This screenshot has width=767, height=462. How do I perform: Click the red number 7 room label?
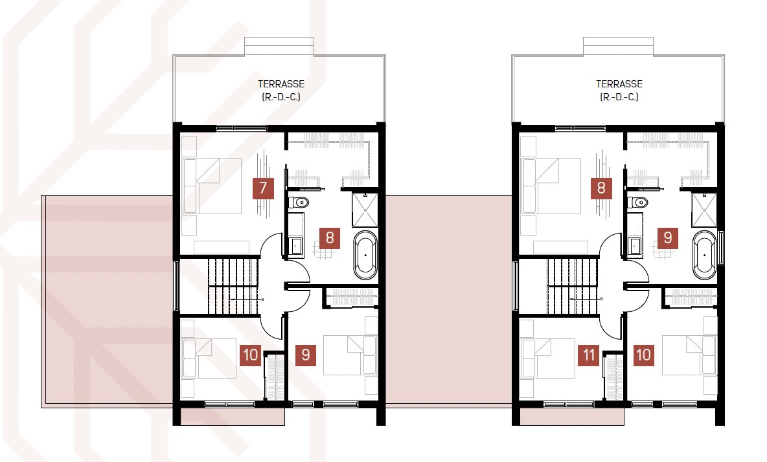[x=262, y=188]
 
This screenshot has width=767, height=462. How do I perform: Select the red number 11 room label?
[x=589, y=355]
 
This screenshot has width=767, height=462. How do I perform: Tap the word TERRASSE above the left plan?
[x=281, y=84]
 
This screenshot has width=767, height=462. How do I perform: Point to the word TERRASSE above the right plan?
[x=619, y=84]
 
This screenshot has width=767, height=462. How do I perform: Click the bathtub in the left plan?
[x=365, y=255]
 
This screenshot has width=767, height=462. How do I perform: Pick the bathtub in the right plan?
[x=704, y=255]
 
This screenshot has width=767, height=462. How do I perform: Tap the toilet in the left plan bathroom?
[x=299, y=202]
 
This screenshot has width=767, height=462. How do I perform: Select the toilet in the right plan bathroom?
[x=637, y=202]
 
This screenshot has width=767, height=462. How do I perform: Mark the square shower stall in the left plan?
[x=365, y=210]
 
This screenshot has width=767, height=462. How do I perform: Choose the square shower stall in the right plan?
[x=704, y=210]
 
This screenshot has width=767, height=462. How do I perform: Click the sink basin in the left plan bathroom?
[x=296, y=245]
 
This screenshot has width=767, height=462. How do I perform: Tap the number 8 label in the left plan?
[x=329, y=238]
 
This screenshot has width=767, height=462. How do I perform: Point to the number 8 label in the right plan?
[x=601, y=188]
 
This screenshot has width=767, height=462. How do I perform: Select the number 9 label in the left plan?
[x=306, y=355]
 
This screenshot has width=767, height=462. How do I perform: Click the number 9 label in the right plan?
[x=668, y=238]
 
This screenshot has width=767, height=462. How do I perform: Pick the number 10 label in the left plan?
[x=251, y=355]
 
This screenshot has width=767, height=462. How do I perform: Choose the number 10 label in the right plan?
[x=643, y=355]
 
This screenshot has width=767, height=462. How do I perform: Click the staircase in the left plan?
[x=233, y=286]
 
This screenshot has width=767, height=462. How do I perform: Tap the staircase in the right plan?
[x=572, y=286]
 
